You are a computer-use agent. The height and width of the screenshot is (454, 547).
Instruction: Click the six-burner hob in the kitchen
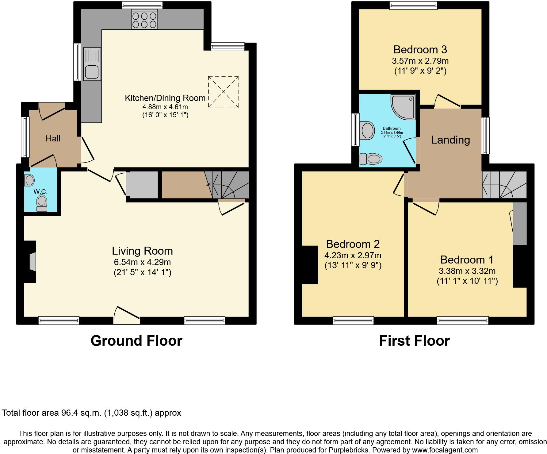(x=144, y=20)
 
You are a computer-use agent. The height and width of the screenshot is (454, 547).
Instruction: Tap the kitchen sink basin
(x=92, y=72)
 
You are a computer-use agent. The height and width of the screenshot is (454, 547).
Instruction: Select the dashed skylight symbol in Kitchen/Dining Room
(x=223, y=92)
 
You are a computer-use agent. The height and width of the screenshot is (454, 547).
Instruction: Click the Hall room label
(x=53, y=139)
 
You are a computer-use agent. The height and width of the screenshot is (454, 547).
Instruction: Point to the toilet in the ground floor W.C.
(x=42, y=203)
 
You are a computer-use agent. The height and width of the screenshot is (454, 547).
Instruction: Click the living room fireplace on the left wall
(x=32, y=262)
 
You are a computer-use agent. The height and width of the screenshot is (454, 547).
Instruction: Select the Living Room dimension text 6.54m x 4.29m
(x=142, y=262)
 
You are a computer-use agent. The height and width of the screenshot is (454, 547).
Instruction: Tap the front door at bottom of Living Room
(x=127, y=316)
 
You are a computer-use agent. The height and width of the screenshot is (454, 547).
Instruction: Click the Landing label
(x=450, y=140)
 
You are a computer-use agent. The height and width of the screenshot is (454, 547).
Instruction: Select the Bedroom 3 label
(x=420, y=49)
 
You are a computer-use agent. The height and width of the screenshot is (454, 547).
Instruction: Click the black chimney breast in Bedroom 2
(x=310, y=265)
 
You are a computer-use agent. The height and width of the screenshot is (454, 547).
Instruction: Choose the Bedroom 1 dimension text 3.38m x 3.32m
(x=467, y=271)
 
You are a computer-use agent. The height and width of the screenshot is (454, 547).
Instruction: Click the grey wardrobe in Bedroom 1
(x=520, y=223)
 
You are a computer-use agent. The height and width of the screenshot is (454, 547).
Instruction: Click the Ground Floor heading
(x=136, y=341)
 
